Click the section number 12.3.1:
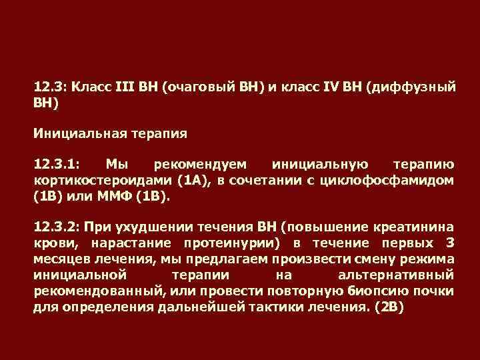[57, 164]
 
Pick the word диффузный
[411, 87]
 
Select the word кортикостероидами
[102, 181]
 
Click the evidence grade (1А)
[195, 181]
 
